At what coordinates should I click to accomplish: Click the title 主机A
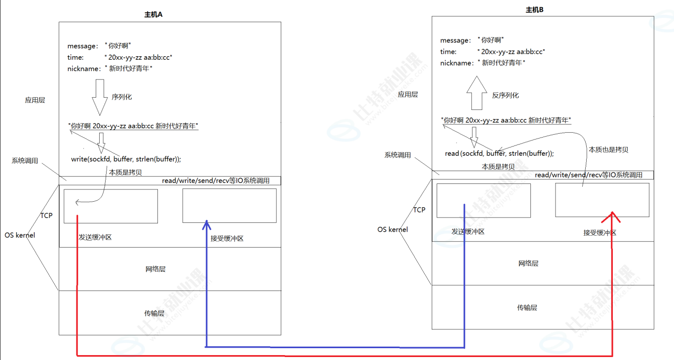coord(153,15)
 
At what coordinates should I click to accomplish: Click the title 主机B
coord(535,9)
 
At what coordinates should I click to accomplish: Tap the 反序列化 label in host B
coord(505,95)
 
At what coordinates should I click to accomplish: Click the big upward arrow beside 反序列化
coord(477,93)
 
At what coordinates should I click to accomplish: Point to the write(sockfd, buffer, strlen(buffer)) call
coord(126,159)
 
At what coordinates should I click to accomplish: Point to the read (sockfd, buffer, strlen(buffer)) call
coord(499,153)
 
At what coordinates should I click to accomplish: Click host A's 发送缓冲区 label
coord(95,237)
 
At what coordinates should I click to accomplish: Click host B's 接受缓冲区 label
coord(599,233)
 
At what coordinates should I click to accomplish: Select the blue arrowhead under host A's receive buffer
coord(207,225)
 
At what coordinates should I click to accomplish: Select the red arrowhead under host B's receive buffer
coord(612,216)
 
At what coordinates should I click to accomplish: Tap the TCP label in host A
coord(46,216)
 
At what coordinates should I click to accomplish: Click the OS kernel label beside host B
coord(393,229)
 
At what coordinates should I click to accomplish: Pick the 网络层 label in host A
coord(155,269)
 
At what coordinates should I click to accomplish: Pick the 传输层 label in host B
coord(527,308)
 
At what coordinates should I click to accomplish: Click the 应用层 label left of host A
coord(35,100)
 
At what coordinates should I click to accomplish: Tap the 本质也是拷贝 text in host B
coord(608,149)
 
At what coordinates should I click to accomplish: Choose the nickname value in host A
coord(131,69)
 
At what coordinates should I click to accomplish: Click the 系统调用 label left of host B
coord(398,155)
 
